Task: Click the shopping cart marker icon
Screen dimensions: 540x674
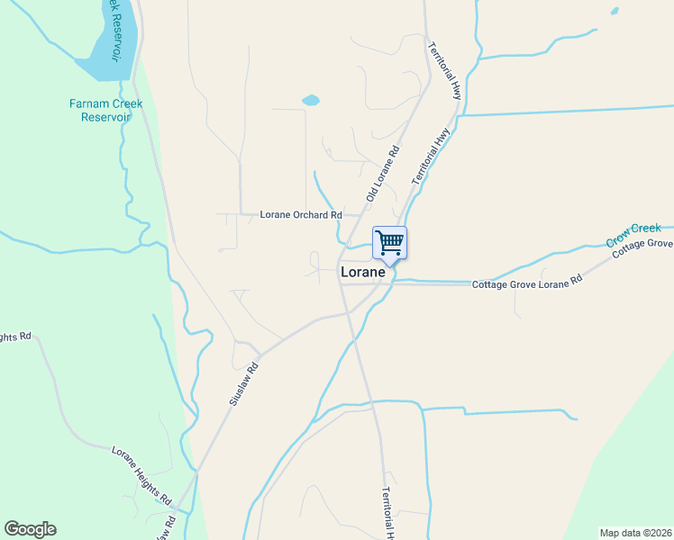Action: tap(389, 241)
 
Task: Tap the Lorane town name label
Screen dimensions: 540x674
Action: tap(362, 272)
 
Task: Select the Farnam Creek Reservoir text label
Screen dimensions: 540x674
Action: tap(105, 110)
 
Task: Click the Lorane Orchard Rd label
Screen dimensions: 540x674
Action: tap(301, 215)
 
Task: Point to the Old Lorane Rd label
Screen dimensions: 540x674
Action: tap(383, 175)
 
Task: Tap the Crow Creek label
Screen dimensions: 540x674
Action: tap(633, 235)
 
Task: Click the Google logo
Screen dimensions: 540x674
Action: tap(30, 529)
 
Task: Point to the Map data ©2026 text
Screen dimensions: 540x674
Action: tap(635, 533)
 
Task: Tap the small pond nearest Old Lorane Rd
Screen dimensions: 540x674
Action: tap(310, 101)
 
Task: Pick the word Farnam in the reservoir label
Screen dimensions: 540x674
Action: tap(87, 103)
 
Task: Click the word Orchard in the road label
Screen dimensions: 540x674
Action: tap(312, 215)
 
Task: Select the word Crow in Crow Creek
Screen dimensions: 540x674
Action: tap(617, 240)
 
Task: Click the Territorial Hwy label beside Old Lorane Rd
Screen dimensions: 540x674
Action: tap(432, 157)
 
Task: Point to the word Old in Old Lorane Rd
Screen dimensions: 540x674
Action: tap(370, 193)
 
